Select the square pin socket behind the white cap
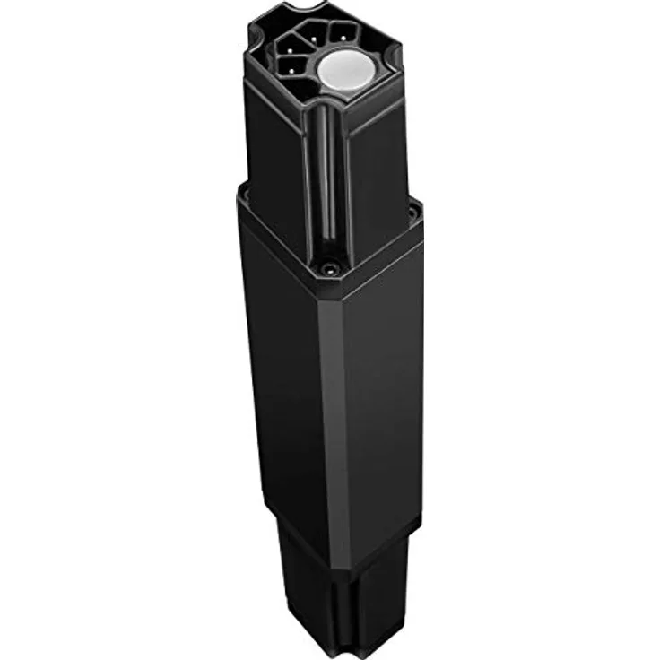(340, 33)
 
